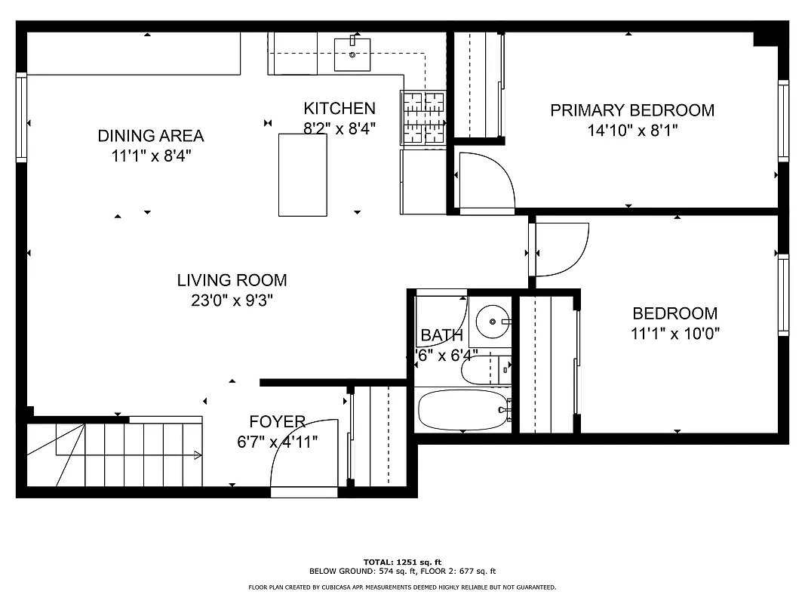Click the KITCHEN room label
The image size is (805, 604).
point(339,109)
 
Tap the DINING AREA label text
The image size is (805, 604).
point(151,136)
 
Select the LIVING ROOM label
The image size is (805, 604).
point(232,280)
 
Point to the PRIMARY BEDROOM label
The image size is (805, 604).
point(631,110)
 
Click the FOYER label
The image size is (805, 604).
point(277,421)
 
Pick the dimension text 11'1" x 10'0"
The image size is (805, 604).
point(674,333)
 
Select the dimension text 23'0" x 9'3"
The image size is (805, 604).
point(232,300)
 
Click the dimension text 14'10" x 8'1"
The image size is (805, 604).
point(632,130)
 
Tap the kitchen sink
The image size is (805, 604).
point(352,52)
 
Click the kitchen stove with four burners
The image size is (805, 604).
point(423,117)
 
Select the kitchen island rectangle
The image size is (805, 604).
point(303,174)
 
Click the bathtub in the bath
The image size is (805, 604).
point(463,410)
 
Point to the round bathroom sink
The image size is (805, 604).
point(491,322)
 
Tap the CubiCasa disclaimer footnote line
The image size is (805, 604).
point(401,587)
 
